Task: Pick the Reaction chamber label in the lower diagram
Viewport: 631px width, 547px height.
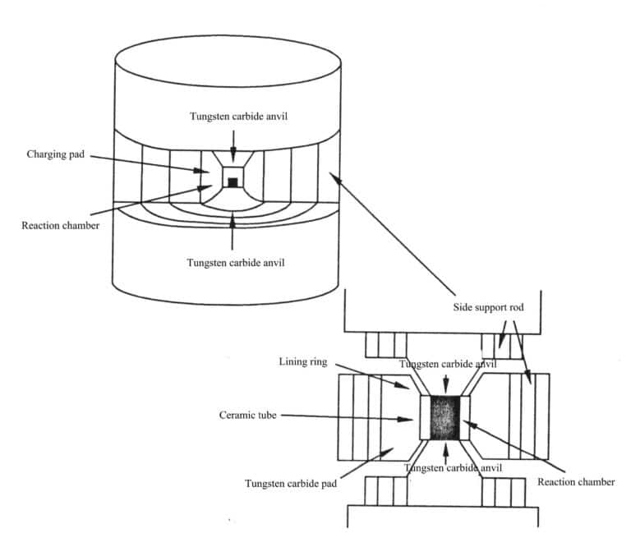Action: (575, 482)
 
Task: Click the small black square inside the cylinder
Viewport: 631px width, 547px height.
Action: (233, 182)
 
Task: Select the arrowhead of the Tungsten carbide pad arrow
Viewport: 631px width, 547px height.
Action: (394, 448)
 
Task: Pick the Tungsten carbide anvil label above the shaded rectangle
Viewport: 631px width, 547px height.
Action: (448, 363)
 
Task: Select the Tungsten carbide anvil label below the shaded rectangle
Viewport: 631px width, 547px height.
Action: (448, 467)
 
